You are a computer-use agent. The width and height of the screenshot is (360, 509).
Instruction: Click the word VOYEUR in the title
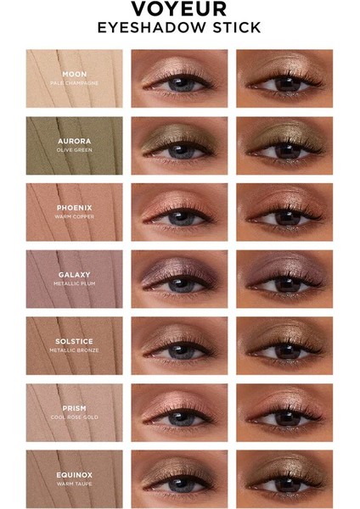179,10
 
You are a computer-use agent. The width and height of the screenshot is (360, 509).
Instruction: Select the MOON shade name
75,74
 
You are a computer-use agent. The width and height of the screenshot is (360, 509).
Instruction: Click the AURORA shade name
75,140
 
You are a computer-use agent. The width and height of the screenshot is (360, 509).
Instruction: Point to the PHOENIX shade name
75,207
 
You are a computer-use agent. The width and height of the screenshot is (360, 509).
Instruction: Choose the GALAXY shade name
75,274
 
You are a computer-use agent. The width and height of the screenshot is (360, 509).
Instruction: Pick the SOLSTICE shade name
75,341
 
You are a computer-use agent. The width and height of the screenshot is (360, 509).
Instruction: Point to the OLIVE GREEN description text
75,150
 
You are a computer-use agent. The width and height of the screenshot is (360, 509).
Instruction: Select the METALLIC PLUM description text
75,284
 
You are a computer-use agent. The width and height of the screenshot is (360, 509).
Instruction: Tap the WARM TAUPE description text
75,484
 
